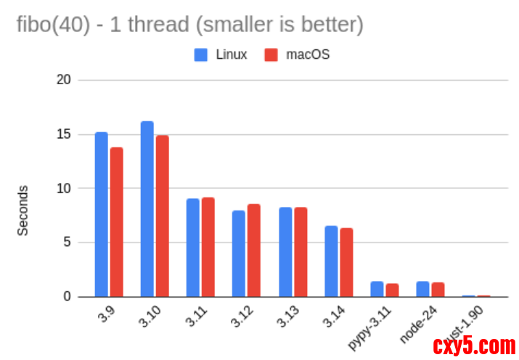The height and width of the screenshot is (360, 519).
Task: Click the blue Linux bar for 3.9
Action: pos(101,214)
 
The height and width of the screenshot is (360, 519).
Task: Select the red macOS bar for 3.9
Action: pos(116,221)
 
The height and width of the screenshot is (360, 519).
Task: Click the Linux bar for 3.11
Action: pos(192,247)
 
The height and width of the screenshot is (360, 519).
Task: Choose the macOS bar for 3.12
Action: pos(253,250)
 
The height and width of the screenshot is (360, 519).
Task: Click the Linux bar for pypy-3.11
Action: pos(377,289)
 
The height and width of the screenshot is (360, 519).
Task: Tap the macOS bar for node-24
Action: pos(438,289)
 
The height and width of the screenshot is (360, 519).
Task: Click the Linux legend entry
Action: pos(221,54)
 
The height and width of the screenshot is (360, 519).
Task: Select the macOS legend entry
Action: pos(297,54)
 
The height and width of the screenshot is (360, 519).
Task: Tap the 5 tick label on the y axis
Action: pos(67,242)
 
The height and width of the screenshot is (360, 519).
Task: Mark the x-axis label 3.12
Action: pos(242,317)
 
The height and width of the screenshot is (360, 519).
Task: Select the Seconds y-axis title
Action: pos(23,210)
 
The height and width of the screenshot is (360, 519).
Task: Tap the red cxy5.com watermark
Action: pos(473,344)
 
